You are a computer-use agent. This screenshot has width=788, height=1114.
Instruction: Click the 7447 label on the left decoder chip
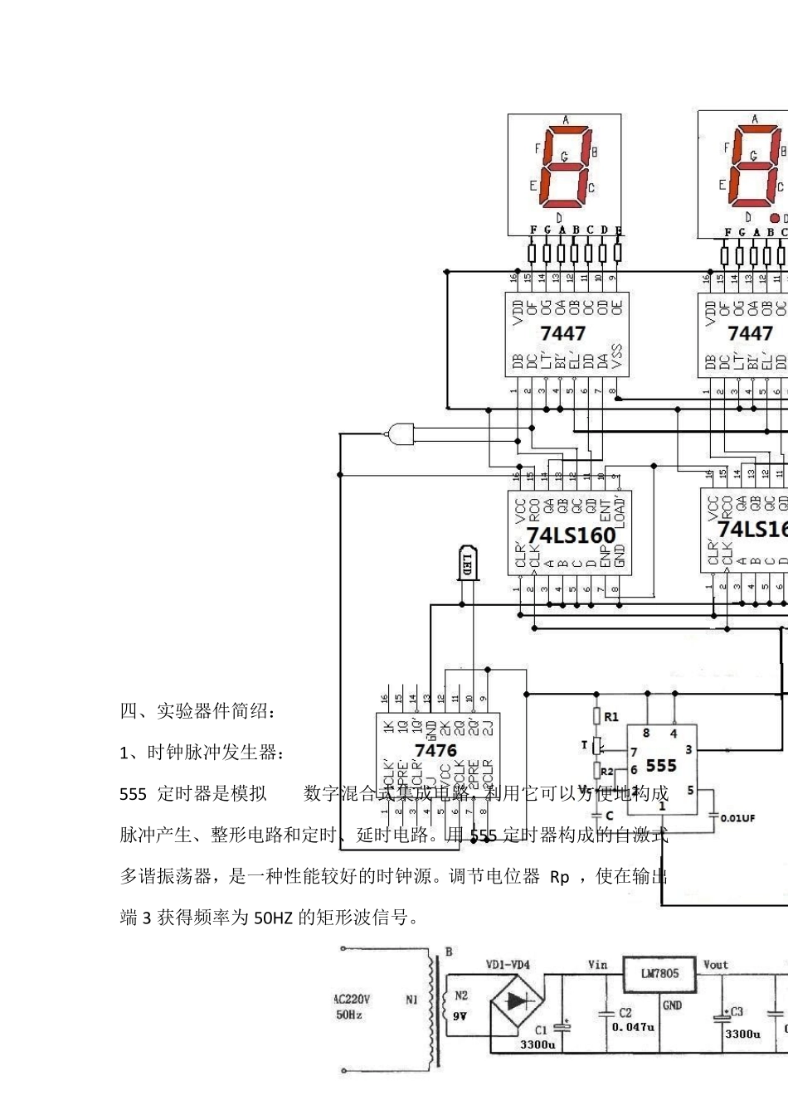(x=562, y=333)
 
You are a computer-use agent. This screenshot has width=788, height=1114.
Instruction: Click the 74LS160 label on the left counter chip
(x=571, y=535)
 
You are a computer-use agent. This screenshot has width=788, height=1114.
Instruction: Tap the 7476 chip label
(x=435, y=750)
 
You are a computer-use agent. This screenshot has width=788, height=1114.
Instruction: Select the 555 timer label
(x=661, y=766)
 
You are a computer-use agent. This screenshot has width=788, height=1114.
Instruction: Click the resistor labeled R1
(x=596, y=717)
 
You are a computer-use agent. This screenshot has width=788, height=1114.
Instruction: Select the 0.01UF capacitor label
(x=737, y=818)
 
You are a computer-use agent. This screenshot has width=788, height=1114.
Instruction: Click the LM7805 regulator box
(x=659, y=973)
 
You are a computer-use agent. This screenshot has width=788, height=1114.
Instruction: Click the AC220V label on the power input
(x=352, y=1000)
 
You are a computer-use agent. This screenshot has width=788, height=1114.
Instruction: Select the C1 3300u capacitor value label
(x=537, y=1044)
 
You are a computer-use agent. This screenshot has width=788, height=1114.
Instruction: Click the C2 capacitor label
(x=625, y=1013)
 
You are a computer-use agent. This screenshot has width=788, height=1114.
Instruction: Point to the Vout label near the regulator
(x=715, y=965)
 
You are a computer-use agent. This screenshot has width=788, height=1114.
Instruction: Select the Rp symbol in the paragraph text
(x=560, y=877)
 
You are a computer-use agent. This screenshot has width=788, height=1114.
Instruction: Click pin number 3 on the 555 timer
(x=688, y=749)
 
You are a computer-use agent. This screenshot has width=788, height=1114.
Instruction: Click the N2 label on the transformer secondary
(x=461, y=995)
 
